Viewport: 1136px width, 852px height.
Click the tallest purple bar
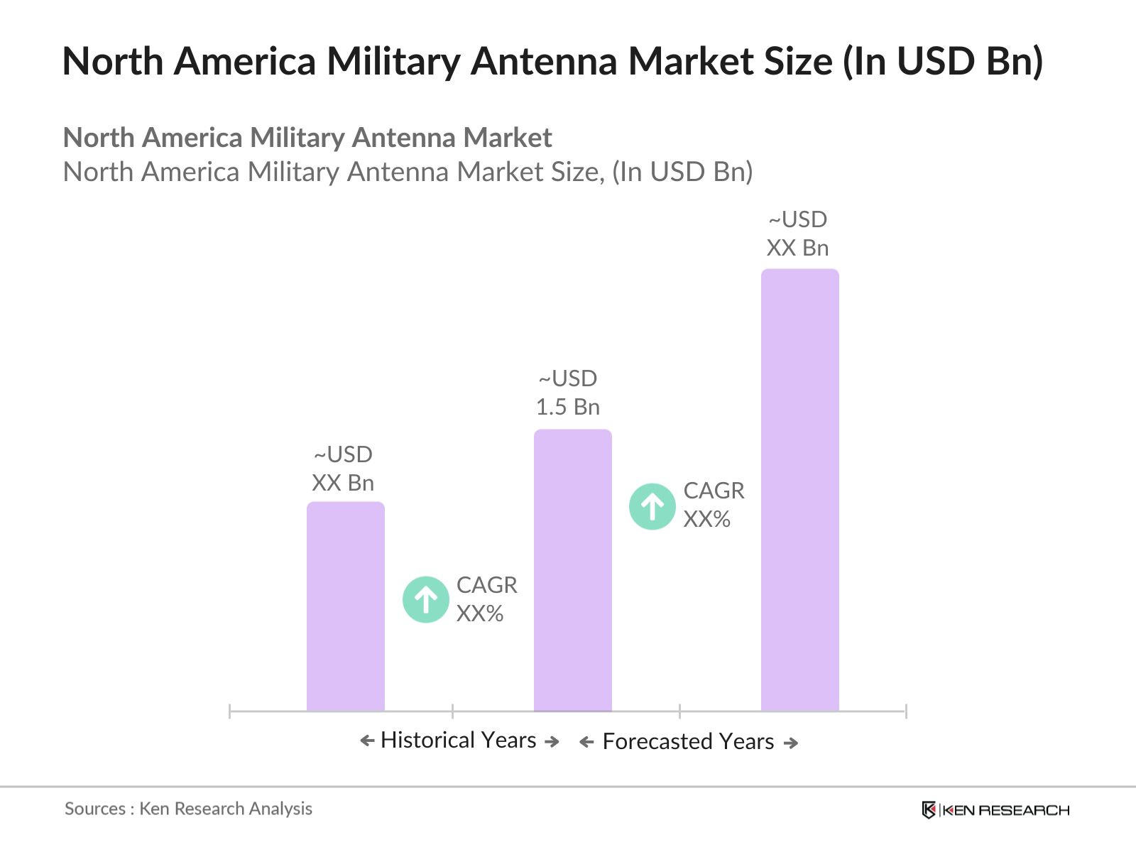pyautogui.click(x=799, y=490)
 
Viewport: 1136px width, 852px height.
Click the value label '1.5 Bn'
pyautogui.click(x=567, y=407)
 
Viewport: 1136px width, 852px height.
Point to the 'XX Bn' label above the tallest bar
pyautogui.click(x=797, y=248)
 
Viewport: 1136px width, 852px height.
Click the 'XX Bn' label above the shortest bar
pyautogui.click(x=343, y=483)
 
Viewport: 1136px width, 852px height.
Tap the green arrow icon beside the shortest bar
pyautogui.click(x=425, y=599)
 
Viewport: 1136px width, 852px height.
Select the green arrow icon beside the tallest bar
pyautogui.click(x=652, y=506)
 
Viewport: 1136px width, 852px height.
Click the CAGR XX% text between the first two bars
pyautogui.click(x=486, y=599)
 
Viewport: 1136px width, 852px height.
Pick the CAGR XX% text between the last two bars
pyautogui.click(x=713, y=505)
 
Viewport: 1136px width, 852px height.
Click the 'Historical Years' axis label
pyautogui.click(x=458, y=740)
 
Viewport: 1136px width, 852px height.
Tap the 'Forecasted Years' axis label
pyautogui.click(x=688, y=741)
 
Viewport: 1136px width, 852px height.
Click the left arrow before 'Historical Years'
pyautogui.click(x=367, y=741)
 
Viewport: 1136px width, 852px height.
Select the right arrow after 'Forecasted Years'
pyautogui.click(x=791, y=743)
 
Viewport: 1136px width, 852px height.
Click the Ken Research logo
pyautogui.click(x=995, y=809)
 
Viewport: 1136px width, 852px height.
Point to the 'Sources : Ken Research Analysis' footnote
pyautogui.click(x=188, y=809)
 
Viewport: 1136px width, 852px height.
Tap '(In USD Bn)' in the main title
pyautogui.click(x=942, y=61)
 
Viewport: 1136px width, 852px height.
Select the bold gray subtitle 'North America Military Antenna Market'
pyautogui.click(x=307, y=138)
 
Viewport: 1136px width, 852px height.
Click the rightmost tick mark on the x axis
pyautogui.click(x=906, y=711)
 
